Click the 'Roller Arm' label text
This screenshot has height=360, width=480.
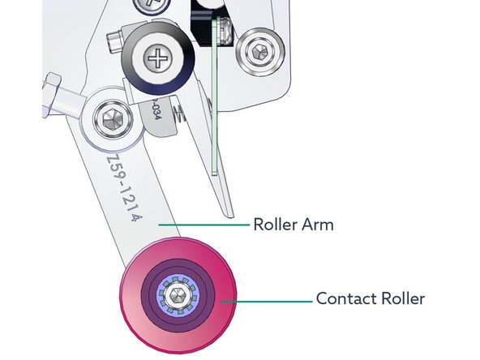tap(293, 224)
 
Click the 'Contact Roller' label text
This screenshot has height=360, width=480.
tap(370, 299)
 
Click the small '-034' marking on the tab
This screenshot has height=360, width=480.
tap(155, 112)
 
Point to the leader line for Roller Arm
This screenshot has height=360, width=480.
tap(203, 224)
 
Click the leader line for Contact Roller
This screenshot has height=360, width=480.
tap(268, 300)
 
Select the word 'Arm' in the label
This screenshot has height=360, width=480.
tap(317, 224)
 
